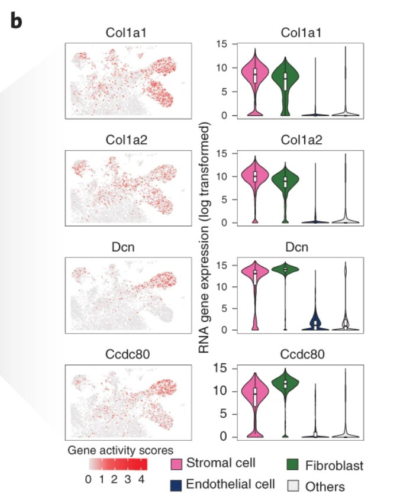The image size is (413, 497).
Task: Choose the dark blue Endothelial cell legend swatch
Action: pos(176,484)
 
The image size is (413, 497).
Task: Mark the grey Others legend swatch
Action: pos(293,485)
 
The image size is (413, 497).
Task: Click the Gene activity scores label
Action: pos(120,449)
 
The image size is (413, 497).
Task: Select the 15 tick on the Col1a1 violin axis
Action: pos(222,44)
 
